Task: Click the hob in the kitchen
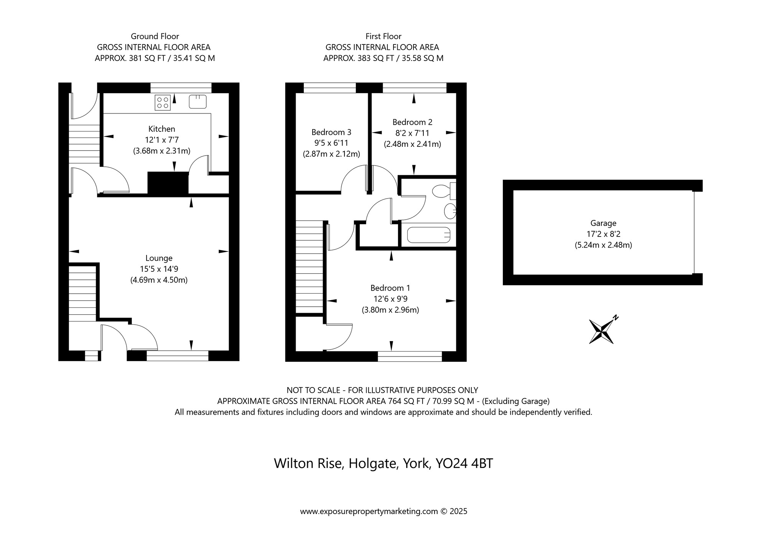pyautogui.click(x=163, y=102)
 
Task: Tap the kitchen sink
pyautogui.click(x=198, y=102)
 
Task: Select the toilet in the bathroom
pyautogui.click(x=444, y=191)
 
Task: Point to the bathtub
pyautogui.click(x=428, y=235)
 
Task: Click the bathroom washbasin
pyautogui.click(x=450, y=211)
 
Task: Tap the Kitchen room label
pyautogui.click(x=162, y=129)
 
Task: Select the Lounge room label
pyautogui.click(x=159, y=259)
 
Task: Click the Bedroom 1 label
pyautogui.click(x=390, y=288)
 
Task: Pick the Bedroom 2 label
pyautogui.click(x=412, y=122)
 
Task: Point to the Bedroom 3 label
pyautogui.click(x=331, y=132)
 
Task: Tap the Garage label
pyautogui.click(x=603, y=223)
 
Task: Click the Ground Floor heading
pyautogui.click(x=155, y=36)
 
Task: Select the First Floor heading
pyautogui.click(x=383, y=36)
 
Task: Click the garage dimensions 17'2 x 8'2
pyautogui.click(x=603, y=234)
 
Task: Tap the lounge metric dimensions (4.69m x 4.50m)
pyautogui.click(x=159, y=280)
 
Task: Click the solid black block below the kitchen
pyautogui.click(x=168, y=183)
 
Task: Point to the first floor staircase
pyautogui.click(x=309, y=267)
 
